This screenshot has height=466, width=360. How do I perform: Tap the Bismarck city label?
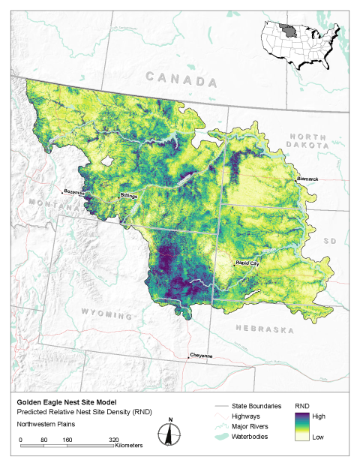307,179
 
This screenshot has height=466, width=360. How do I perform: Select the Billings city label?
130,195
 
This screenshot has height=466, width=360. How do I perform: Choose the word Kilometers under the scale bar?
132,450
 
